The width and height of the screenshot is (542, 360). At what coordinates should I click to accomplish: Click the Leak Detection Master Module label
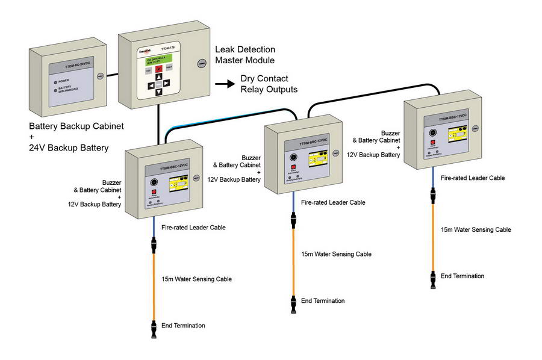point(245,55)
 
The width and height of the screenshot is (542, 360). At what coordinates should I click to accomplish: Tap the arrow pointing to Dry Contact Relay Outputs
point(225,84)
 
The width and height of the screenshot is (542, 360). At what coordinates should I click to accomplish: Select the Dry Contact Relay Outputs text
point(269,84)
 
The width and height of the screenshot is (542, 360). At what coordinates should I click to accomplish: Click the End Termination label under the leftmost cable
point(183,326)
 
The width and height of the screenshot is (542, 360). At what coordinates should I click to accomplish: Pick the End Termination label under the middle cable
point(323,300)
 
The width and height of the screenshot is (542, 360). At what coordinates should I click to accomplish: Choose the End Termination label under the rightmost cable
point(462,276)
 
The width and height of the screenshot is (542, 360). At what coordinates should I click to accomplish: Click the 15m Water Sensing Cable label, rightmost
point(476,229)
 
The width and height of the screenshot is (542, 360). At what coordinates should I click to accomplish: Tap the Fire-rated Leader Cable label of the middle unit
point(333,202)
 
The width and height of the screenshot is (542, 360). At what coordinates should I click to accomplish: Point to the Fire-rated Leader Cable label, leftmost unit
point(193,228)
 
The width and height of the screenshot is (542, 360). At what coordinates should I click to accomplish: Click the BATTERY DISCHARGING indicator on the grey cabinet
point(55,91)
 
